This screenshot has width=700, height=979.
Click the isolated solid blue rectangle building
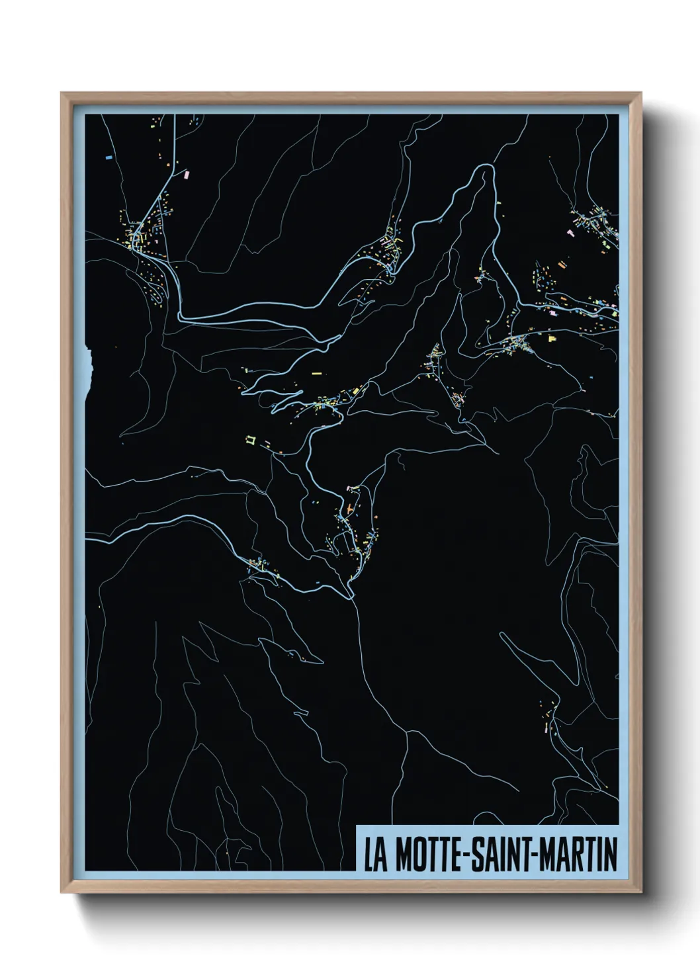109,157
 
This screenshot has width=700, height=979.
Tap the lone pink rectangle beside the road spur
186,174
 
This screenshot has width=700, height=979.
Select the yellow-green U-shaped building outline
251,438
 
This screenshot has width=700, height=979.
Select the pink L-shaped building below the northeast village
570,232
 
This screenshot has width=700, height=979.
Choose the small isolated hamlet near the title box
547,718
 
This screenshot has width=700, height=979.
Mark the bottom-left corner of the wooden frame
62,893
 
